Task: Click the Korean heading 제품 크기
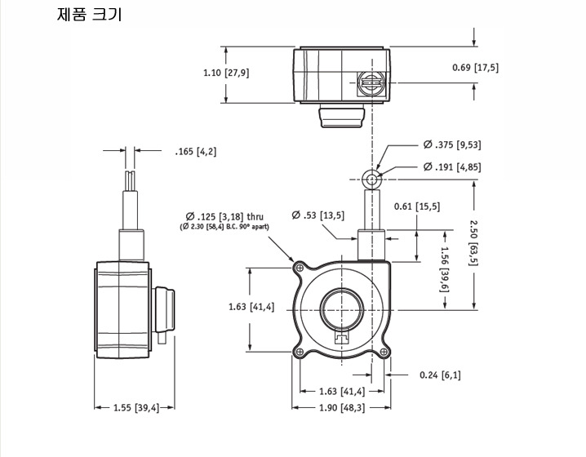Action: pos(89,14)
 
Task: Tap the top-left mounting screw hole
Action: pos(300,268)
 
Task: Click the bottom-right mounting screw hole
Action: pos(384,352)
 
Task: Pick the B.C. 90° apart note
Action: pos(224,226)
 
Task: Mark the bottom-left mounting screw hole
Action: pos(300,352)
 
